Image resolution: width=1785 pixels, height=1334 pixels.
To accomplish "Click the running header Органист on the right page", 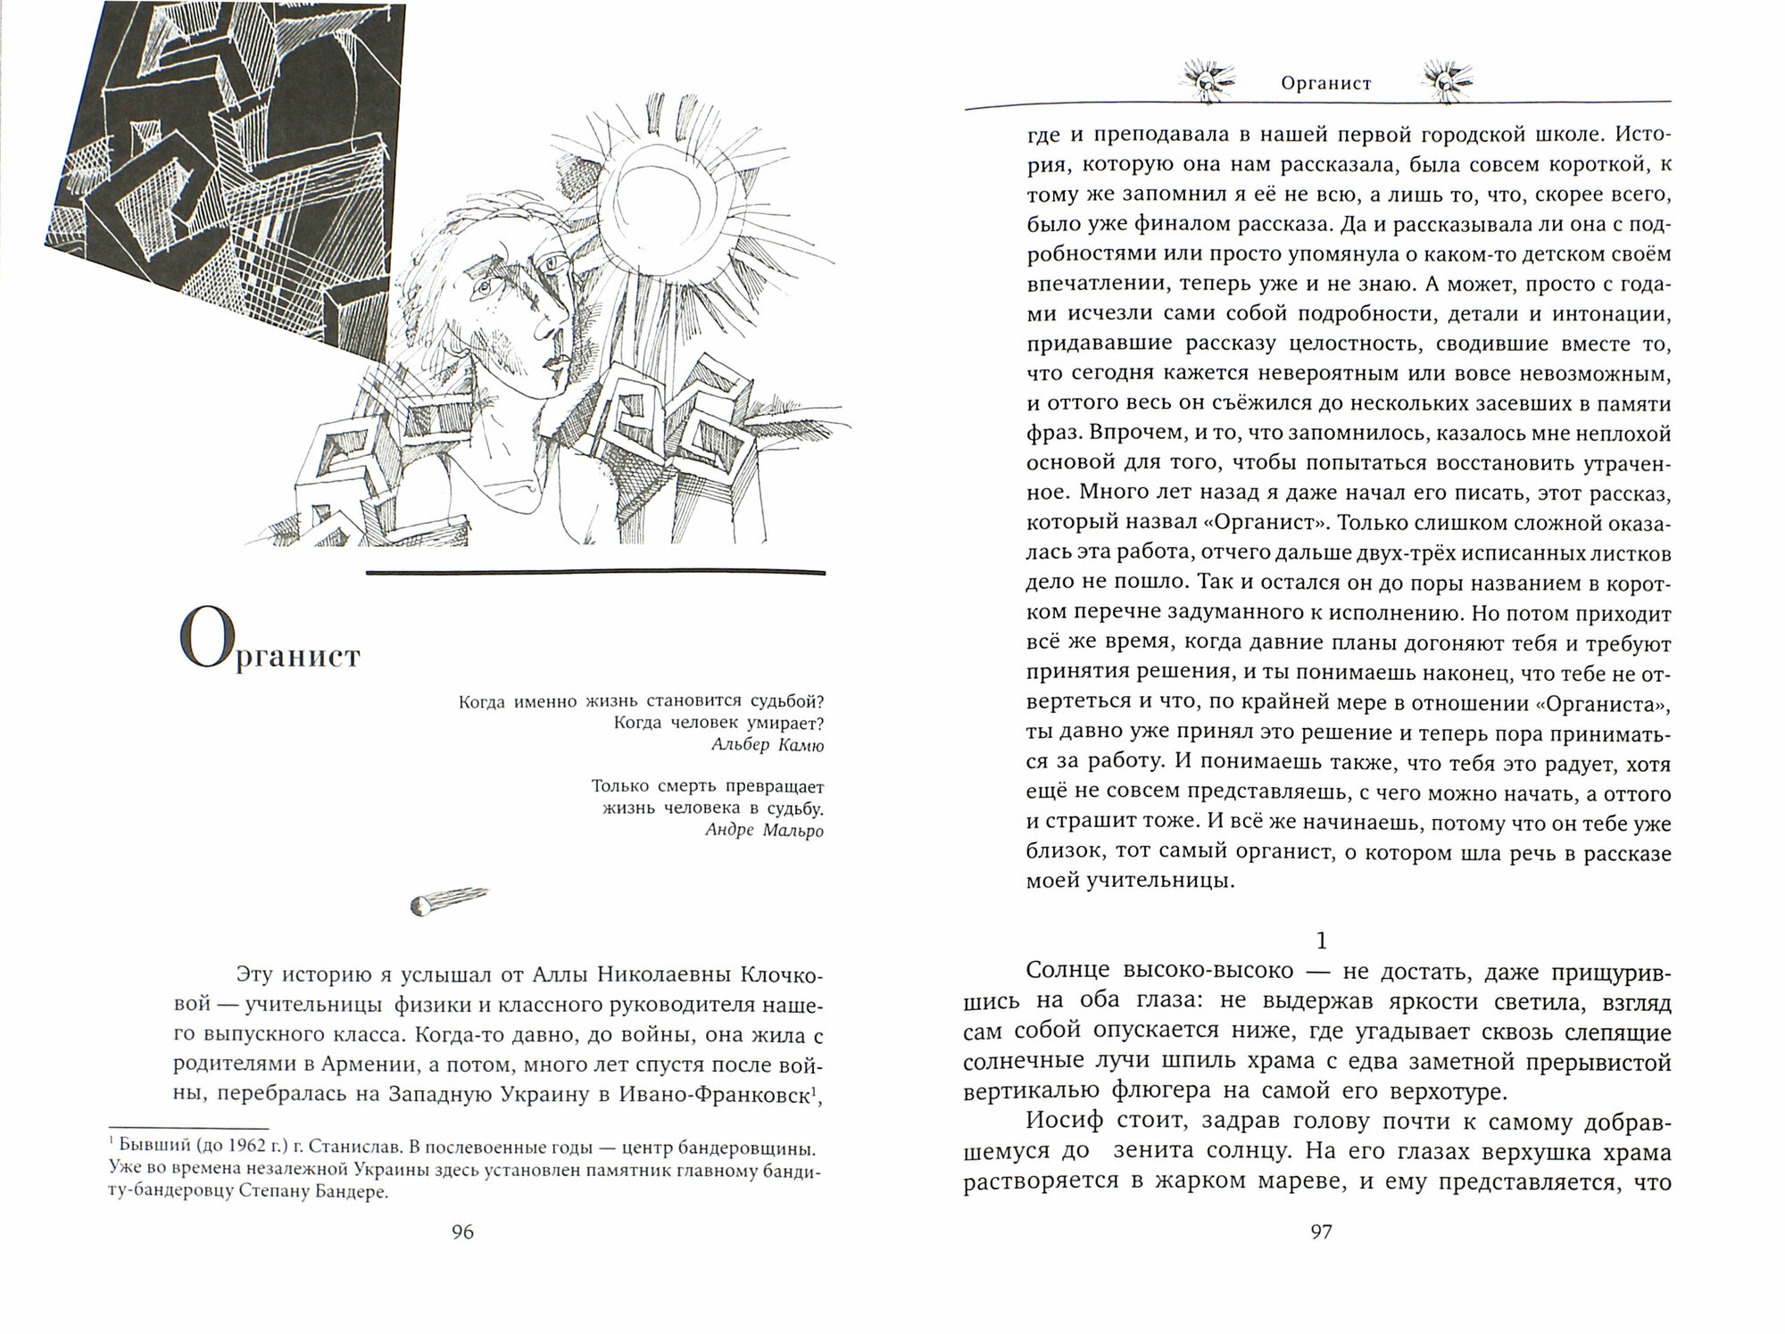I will click(1325, 84).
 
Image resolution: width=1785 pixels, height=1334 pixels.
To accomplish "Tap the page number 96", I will click(463, 1232).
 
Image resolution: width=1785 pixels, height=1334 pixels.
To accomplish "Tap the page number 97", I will click(1321, 1232).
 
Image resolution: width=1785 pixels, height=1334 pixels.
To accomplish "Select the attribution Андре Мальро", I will click(764, 830).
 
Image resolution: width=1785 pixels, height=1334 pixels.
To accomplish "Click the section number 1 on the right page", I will click(1323, 941).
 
